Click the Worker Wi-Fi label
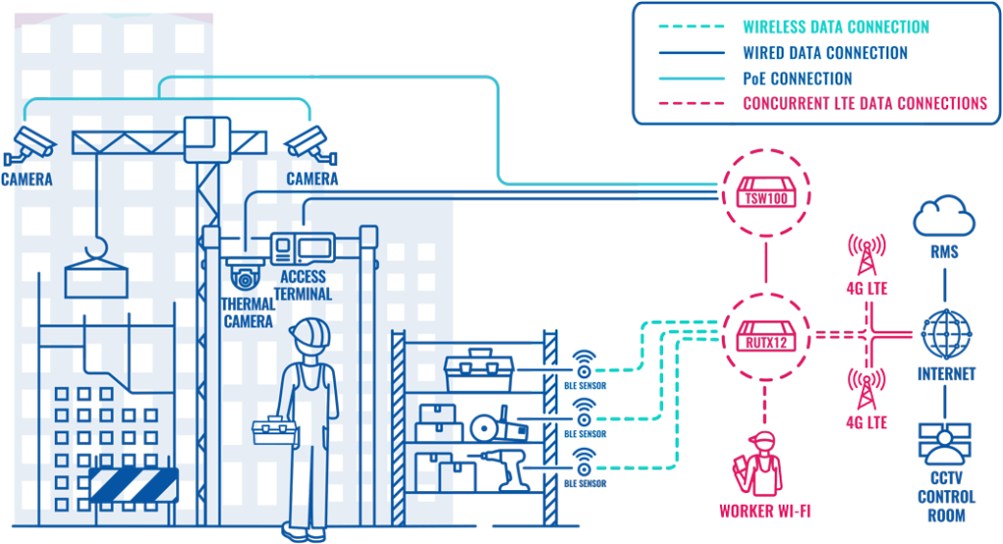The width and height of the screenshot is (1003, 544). [x=765, y=511]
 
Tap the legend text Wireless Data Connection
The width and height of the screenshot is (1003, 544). [x=836, y=27]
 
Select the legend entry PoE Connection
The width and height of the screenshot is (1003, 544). [x=797, y=78]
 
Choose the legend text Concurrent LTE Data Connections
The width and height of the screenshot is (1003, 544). [x=865, y=103]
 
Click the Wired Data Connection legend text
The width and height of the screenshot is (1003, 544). [x=825, y=53]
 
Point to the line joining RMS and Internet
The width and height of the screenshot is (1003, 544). [x=945, y=283]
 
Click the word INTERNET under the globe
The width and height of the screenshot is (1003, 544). [x=946, y=374]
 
